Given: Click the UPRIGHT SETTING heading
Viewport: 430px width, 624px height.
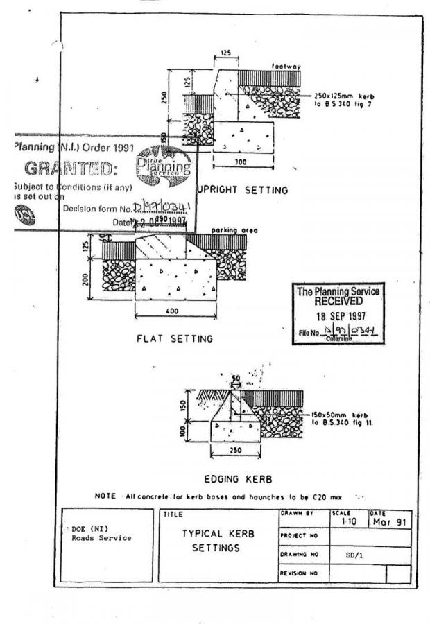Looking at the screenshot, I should pyautogui.click(x=243, y=189).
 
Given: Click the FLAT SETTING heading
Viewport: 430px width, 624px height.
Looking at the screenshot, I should pyautogui.click(x=174, y=339).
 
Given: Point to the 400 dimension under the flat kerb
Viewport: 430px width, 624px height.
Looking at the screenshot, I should pyautogui.click(x=173, y=311).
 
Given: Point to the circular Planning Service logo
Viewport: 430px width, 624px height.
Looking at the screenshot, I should pyautogui.click(x=163, y=166).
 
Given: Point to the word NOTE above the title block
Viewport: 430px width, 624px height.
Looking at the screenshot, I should pyautogui.click(x=107, y=497).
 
